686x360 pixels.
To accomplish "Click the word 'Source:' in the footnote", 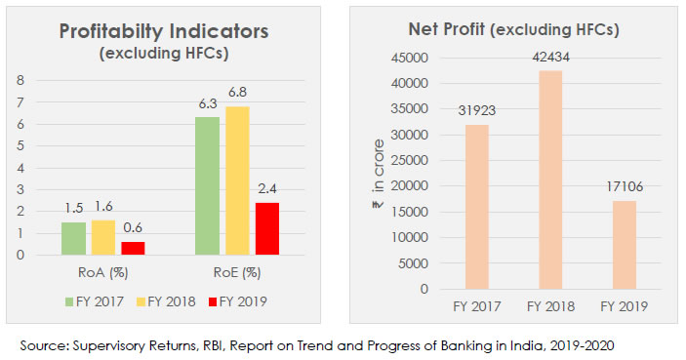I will point(44,344).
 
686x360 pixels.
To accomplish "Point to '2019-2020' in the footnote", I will point(581,344).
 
